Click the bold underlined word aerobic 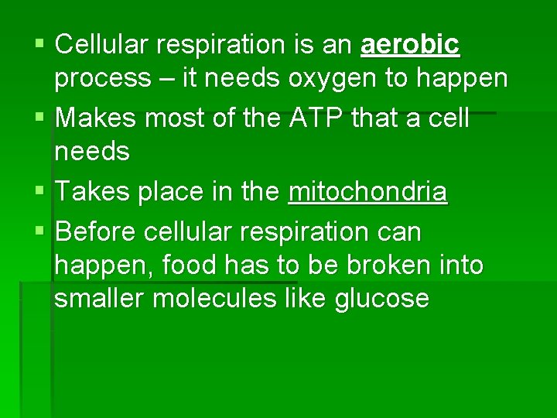point(410,46)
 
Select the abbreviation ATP point(310,119)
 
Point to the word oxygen point(330,78)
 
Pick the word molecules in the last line point(217,298)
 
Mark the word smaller point(100,298)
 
